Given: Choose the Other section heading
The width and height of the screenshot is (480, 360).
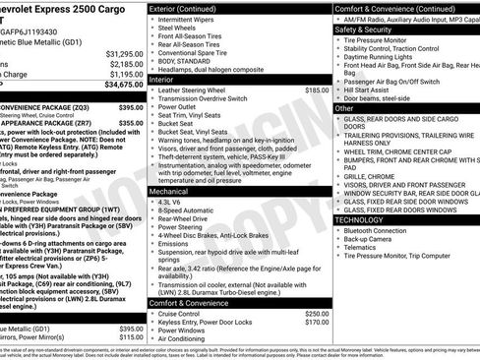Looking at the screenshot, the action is click(346, 106).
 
